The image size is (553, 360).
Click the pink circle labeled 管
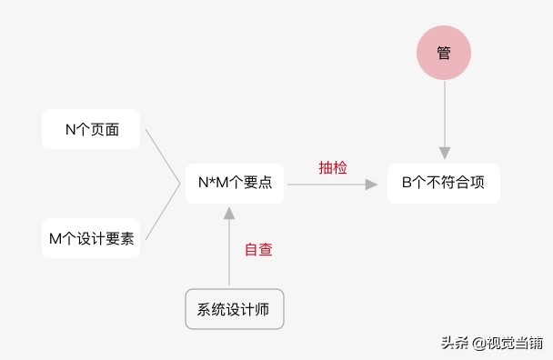[x=444, y=54]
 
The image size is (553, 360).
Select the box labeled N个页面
[x=91, y=129]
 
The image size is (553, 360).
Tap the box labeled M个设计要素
[x=91, y=238]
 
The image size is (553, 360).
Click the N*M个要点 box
[x=235, y=183]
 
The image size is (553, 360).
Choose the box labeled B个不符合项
[x=444, y=183]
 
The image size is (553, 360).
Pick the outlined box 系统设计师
[x=234, y=309]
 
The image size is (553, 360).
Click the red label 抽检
[x=333, y=167]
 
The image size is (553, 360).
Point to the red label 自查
[x=258, y=249]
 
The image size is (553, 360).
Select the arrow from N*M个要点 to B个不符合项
[x=332, y=184]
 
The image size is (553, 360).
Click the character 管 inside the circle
[x=444, y=54]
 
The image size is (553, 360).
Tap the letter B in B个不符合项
[x=407, y=183]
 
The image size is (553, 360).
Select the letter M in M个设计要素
[x=55, y=238]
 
